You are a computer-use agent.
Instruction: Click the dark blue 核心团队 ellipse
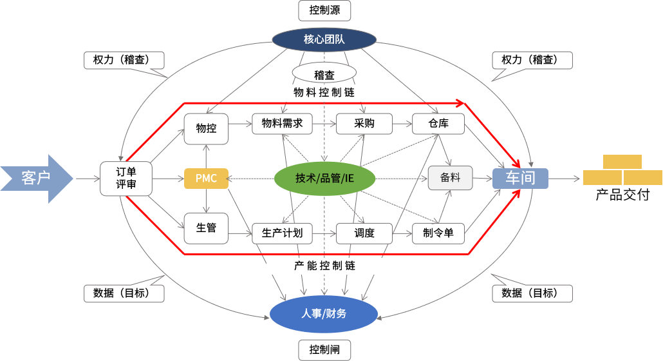click(x=324, y=40)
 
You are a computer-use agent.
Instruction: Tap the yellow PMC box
click(x=206, y=179)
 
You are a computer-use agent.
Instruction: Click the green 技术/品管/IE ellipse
click(x=324, y=179)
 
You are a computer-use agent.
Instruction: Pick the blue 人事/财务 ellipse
click(x=324, y=314)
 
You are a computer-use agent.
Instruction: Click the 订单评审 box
click(x=126, y=179)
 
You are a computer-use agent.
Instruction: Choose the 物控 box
click(x=206, y=129)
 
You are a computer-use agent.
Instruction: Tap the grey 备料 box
click(x=450, y=178)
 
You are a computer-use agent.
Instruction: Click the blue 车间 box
click(x=520, y=179)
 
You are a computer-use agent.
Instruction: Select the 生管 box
click(x=206, y=228)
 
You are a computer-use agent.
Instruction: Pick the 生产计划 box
click(x=282, y=233)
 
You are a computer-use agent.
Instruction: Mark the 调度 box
click(x=364, y=233)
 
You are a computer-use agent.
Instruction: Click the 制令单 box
click(x=438, y=233)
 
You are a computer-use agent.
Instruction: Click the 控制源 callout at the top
click(x=324, y=10)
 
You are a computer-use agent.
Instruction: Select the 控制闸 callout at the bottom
click(x=324, y=350)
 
